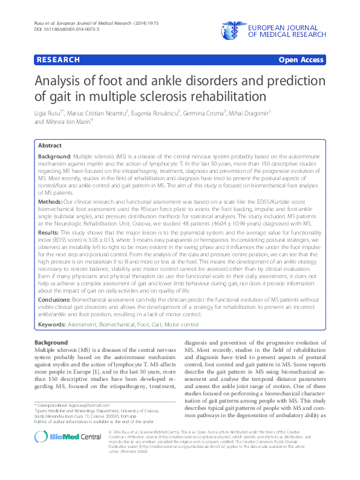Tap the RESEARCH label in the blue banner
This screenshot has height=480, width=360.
click(58, 60)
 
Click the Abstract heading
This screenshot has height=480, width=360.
click(50, 146)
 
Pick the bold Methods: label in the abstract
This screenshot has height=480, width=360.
click(50, 200)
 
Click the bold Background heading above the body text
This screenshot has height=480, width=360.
click(51, 343)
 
